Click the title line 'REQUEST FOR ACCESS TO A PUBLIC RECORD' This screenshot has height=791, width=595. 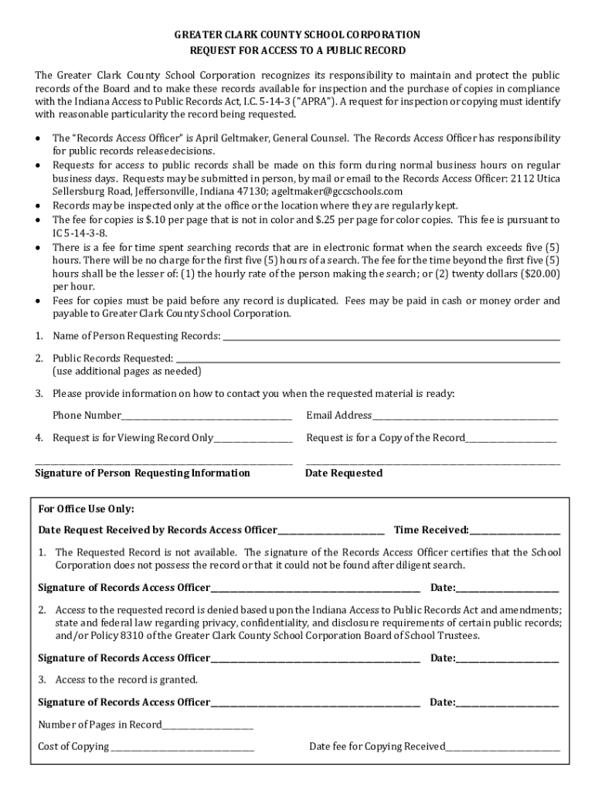coord(297,50)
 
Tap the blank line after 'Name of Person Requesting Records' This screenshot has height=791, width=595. coord(390,336)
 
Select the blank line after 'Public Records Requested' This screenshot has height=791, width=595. coord(368,358)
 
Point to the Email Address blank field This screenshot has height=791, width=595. coord(465,416)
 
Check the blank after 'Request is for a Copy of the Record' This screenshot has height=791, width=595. coord(512,438)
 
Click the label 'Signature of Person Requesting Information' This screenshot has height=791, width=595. coord(143,473)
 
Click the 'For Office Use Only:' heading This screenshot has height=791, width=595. coord(87,509)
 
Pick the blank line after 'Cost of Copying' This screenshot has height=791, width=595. coord(182,746)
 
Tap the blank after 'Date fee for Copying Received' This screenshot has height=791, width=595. coord(503,746)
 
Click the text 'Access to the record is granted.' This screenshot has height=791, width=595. coord(127,680)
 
